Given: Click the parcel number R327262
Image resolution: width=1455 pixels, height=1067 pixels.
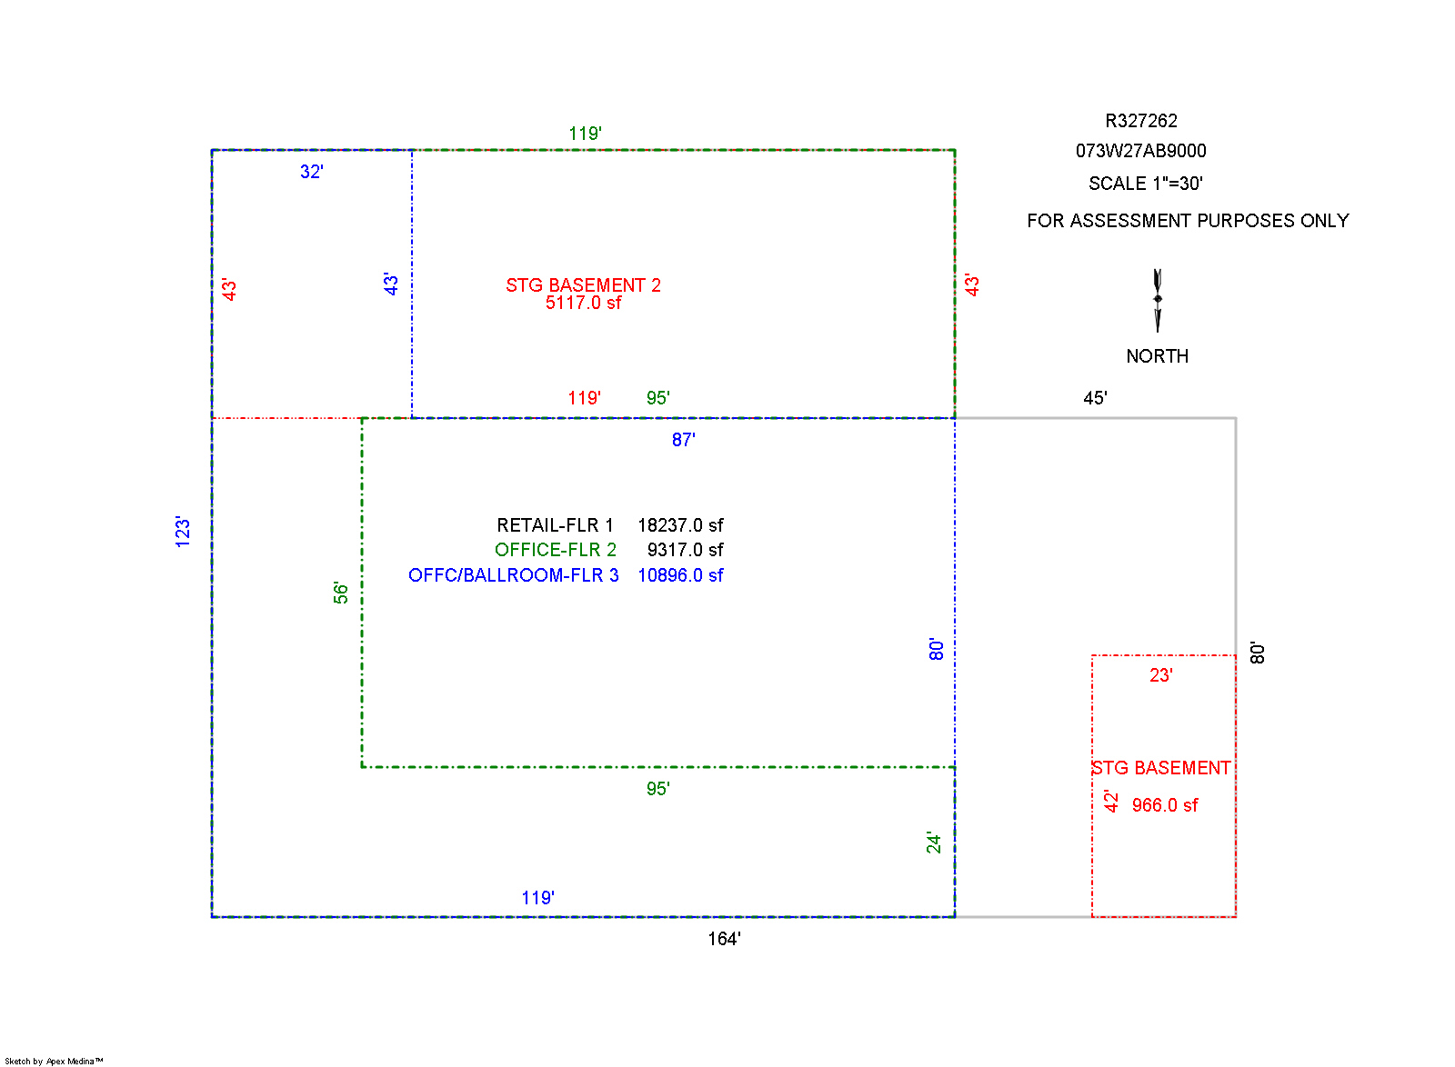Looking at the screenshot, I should click(x=1140, y=121).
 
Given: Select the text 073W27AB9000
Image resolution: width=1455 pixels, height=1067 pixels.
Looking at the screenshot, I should click(x=1140, y=151).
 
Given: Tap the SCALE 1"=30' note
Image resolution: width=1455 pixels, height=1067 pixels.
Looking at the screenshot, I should click(x=1145, y=184).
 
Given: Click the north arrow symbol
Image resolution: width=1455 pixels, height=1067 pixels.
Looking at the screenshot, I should click(x=1158, y=300).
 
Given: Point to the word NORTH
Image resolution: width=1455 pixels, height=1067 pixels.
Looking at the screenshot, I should click(x=1157, y=356).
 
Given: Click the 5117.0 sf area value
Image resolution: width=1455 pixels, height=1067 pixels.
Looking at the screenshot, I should click(x=583, y=304).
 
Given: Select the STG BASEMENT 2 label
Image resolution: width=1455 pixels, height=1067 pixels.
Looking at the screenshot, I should click(x=583, y=285).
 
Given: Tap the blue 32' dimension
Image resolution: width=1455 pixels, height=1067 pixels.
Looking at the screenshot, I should click(x=312, y=172).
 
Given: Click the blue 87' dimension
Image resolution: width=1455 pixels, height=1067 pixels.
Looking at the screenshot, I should click(x=683, y=440).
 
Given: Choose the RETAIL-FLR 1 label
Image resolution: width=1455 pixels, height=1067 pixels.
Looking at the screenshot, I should click(x=555, y=525).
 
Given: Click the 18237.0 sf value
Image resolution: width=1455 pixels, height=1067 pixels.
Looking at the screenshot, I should click(x=680, y=525).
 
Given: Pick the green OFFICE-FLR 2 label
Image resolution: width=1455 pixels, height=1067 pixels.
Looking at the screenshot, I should click(x=555, y=550).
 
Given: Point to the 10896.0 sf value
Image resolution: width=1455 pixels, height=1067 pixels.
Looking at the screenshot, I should click(x=680, y=575).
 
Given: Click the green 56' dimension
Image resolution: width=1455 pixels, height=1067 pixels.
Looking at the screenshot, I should click(x=341, y=593).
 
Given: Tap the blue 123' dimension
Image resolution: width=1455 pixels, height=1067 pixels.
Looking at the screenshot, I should click(x=183, y=532).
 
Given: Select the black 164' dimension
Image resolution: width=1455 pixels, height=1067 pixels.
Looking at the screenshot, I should click(x=724, y=939).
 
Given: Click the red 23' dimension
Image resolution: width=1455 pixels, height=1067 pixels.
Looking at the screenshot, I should click(x=1160, y=675).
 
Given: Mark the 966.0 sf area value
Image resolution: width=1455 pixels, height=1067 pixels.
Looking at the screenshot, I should click(x=1164, y=805).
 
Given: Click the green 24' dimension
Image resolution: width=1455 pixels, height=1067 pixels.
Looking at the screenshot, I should click(x=934, y=843).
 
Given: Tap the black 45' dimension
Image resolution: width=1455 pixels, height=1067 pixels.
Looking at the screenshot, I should click(x=1095, y=398).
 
